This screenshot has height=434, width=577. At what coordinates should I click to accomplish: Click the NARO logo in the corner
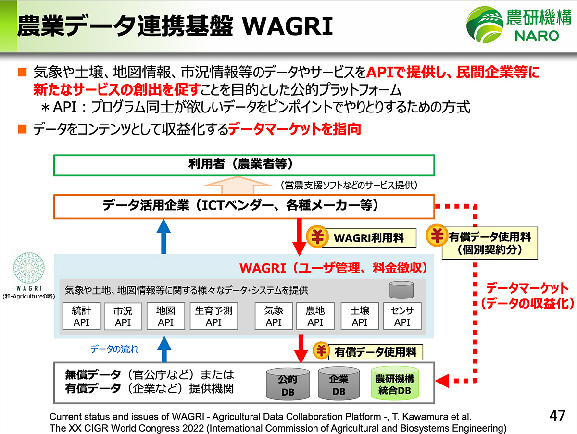[517, 25]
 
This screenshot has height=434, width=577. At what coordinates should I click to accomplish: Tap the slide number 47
[557, 416]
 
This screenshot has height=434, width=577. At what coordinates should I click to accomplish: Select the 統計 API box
[81, 316]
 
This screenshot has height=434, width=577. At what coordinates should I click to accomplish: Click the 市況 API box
[123, 317]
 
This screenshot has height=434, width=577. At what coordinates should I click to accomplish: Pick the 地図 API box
[165, 316]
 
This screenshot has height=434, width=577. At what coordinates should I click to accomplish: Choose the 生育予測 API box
[213, 316]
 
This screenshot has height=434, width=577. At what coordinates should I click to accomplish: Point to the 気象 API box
[274, 316]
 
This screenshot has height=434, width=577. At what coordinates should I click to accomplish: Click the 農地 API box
[315, 316]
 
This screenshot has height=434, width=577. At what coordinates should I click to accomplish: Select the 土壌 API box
[360, 316]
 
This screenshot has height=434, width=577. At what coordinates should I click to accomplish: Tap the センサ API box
[402, 316]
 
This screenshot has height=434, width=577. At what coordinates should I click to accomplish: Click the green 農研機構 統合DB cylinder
[395, 384]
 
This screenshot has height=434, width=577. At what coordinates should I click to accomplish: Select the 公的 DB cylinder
[288, 385]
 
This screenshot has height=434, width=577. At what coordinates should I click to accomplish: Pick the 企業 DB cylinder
[339, 385]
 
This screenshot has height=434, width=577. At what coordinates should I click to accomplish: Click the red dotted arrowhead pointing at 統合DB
[446, 380]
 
